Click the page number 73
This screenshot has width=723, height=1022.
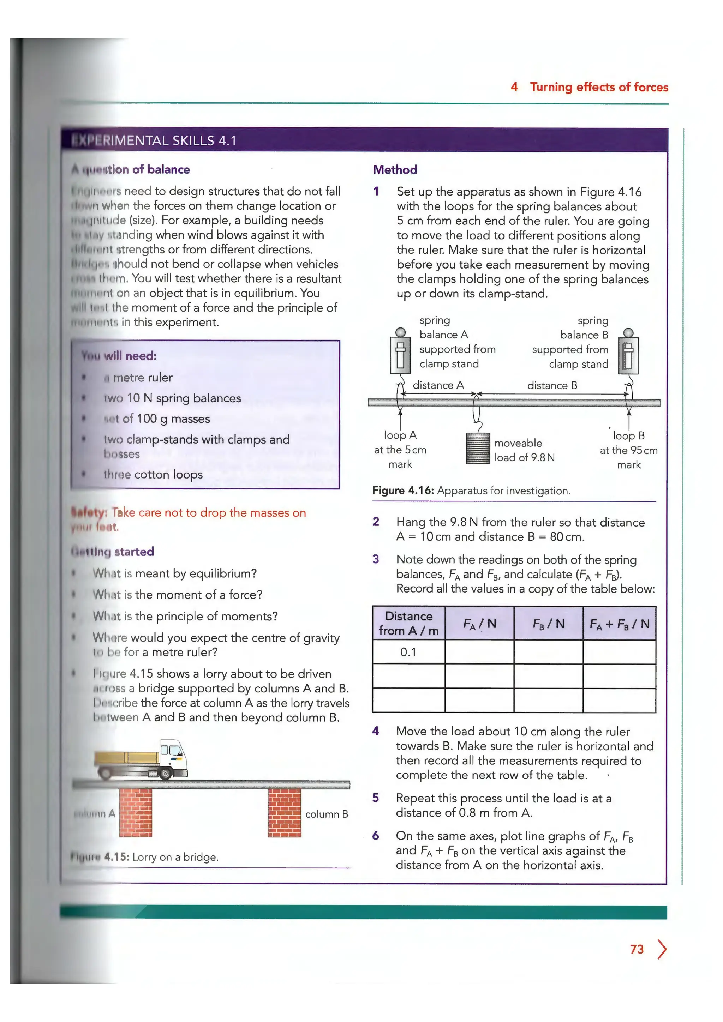click(x=637, y=949)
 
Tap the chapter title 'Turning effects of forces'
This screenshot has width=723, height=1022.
click(x=599, y=87)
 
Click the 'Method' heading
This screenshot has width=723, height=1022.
click(x=395, y=170)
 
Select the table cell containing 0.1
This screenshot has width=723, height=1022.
click(x=408, y=652)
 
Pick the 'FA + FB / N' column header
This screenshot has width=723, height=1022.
click(x=619, y=624)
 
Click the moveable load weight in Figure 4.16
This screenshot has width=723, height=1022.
click(x=478, y=448)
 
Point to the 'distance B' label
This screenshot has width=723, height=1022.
click(x=552, y=385)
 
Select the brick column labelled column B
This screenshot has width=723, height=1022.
click(x=284, y=813)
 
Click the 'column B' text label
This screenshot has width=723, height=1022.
click(x=326, y=814)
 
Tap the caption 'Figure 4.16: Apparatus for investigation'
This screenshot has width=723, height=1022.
click(x=471, y=491)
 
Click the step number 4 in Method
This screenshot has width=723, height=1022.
click(x=376, y=731)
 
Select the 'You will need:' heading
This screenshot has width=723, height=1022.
click(x=119, y=356)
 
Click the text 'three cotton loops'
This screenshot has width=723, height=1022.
click(x=153, y=475)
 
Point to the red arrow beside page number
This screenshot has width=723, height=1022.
click(x=662, y=949)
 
